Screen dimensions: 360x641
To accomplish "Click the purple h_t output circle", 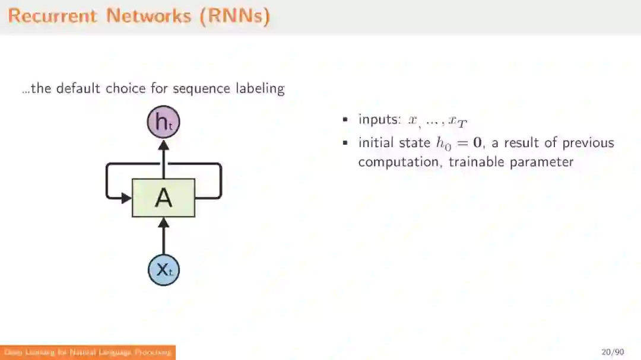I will [x=163, y=123].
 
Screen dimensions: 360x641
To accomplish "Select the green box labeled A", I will [x=163, y=197].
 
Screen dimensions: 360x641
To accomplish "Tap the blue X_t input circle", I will [x=164, y=270].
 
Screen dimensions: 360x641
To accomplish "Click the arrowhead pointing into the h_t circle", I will [x=164, y=144].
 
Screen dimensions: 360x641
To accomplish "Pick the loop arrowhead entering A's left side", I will [x=126, y=197].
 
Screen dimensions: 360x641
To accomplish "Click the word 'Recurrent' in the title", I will [x=52, y=16].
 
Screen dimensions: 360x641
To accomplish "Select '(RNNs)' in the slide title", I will [x=235, y=16].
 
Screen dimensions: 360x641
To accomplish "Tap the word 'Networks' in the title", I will [x=149, y=16].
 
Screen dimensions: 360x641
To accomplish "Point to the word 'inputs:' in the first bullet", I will [x=380, y=119].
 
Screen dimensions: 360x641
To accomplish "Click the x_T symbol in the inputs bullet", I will [x=458, y=122].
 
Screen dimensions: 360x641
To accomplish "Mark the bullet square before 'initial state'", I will [x=345, y=144].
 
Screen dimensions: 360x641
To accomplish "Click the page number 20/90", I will [x=613, y=352].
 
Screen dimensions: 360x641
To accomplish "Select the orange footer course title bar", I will [x=88, y=352].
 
